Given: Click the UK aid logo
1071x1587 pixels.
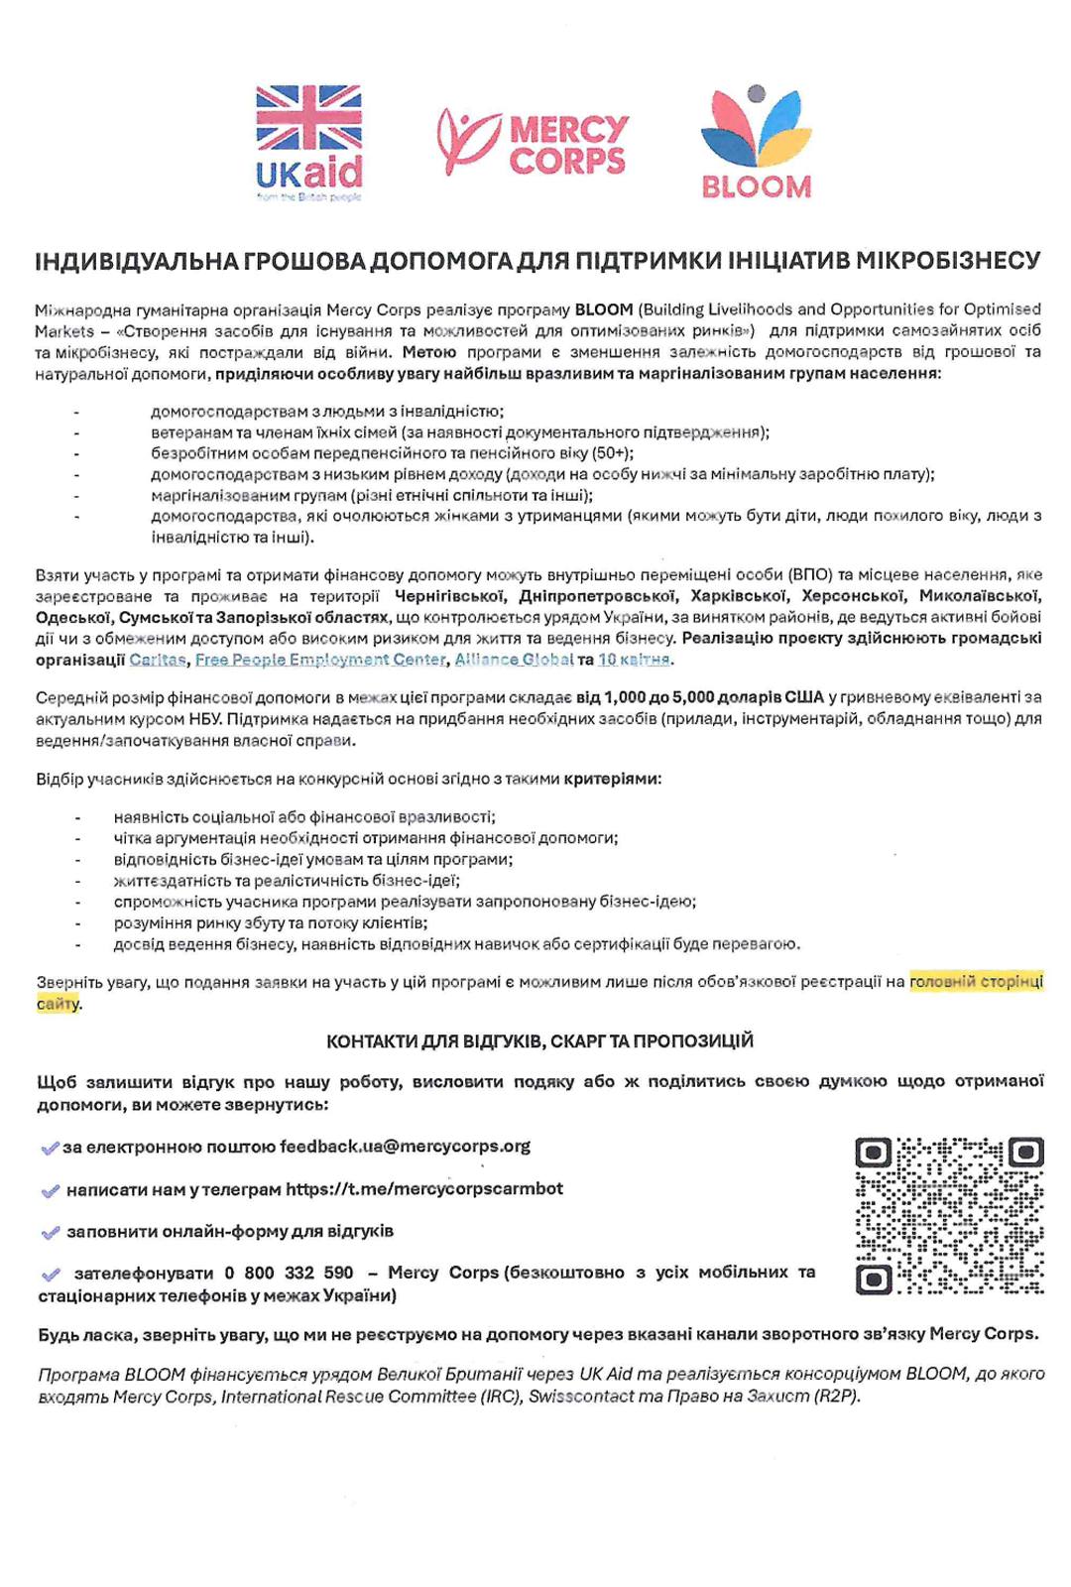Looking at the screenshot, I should [x=308, y=141].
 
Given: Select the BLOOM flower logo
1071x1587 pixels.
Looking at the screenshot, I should [x=756, y=141].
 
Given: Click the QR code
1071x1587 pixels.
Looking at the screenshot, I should [x=949, y=1215].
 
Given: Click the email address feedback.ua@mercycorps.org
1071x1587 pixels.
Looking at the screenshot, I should [x=405, y=1147].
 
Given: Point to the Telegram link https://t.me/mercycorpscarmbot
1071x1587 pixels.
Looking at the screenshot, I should [x=424, y=1188].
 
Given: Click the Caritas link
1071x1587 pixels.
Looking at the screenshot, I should [x=157, y=660].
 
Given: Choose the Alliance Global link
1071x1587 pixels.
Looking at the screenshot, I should [x=514, y=660].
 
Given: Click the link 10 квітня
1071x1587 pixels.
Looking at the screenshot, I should [x=634, y=660].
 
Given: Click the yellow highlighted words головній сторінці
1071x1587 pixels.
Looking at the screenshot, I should [x=976, y=982].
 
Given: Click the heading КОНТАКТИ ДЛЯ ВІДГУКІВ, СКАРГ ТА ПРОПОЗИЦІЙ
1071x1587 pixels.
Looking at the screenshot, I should [x=539, y=1040].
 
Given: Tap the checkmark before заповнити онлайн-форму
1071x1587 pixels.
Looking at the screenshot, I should [x=51, y=1232].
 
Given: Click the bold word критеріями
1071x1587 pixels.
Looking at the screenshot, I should [x=611, y=779].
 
